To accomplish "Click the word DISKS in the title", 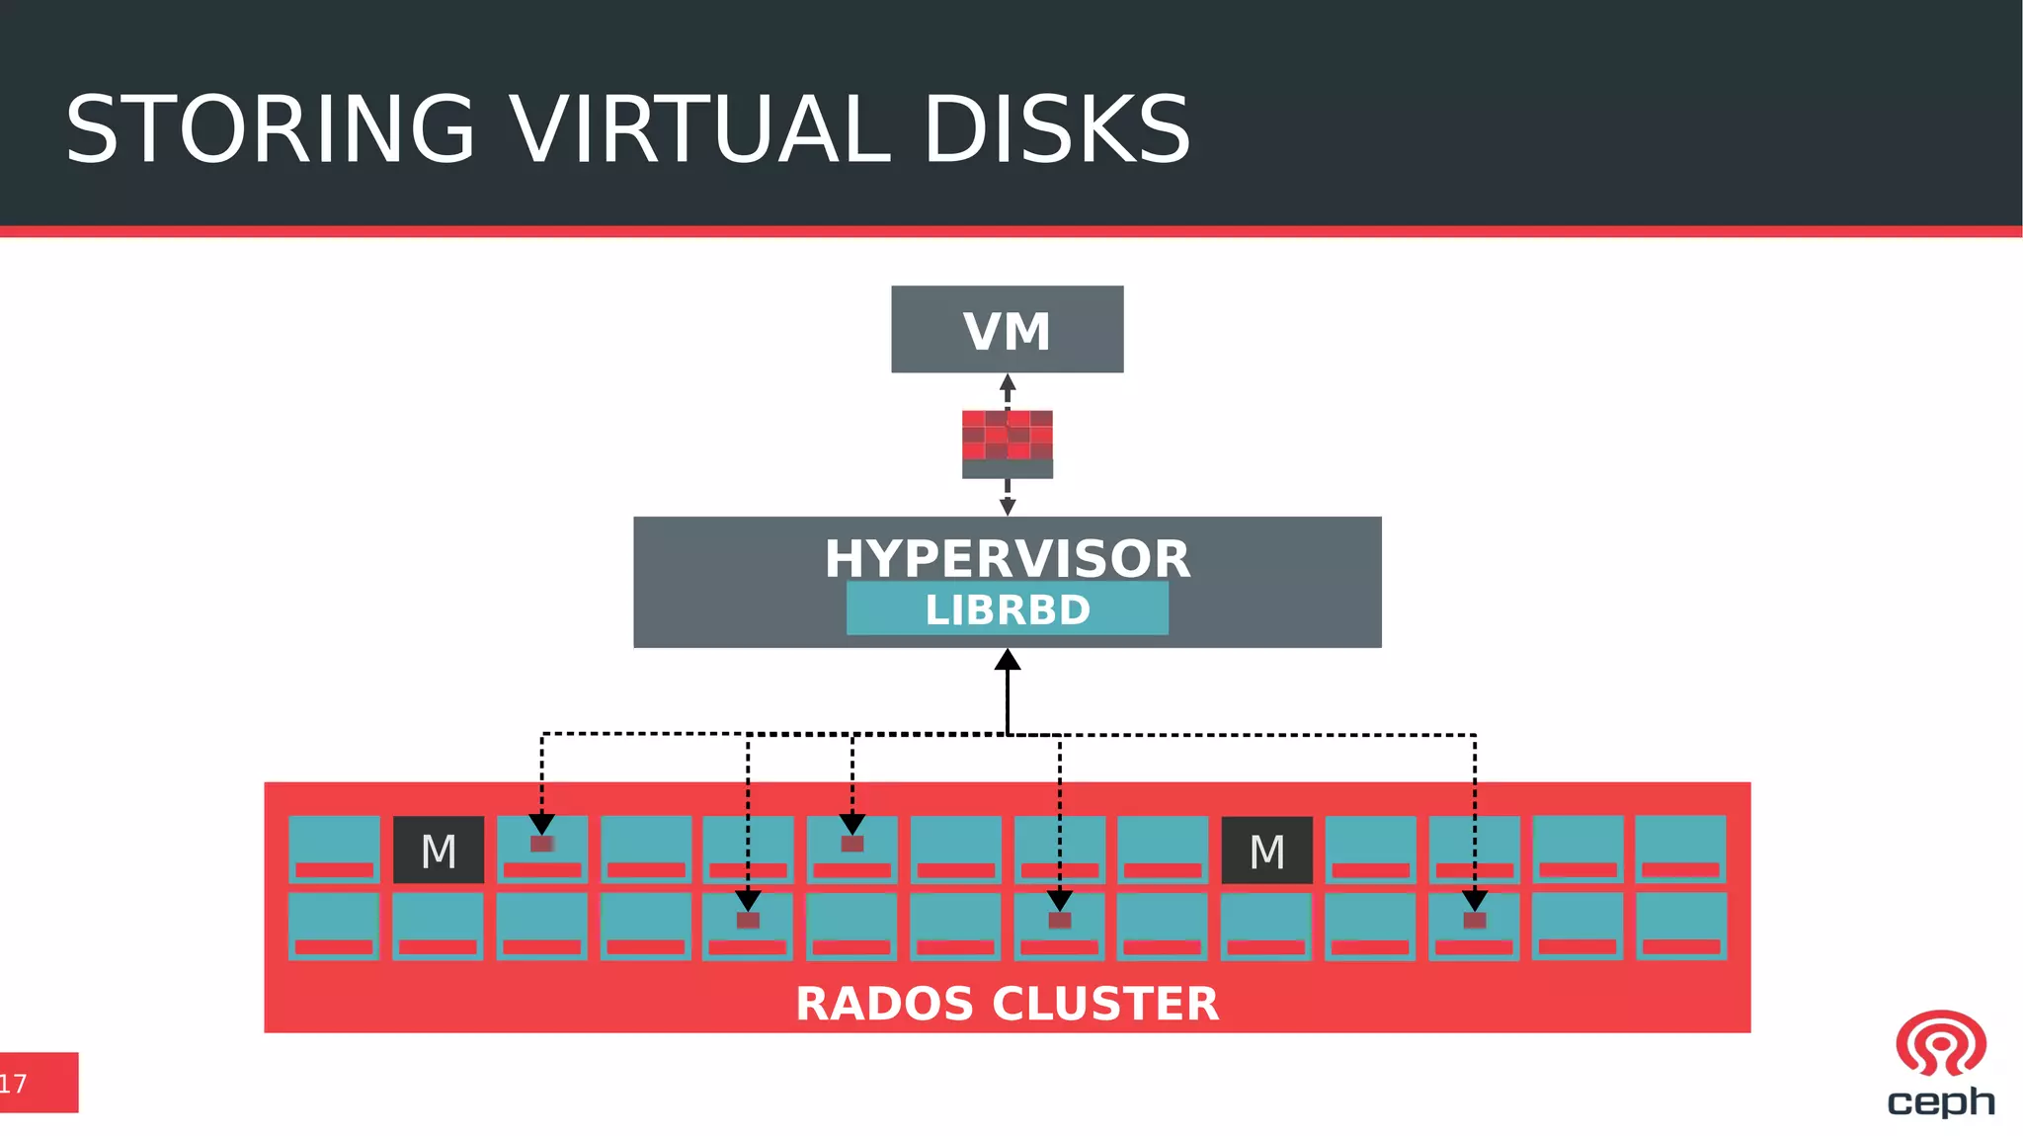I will tap(1056, 130).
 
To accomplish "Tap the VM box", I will tap(1007, 329).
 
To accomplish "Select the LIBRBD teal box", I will tap(1007, 609).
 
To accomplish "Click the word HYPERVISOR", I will tap(1007, 558).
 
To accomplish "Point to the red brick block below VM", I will tap(1007, 436).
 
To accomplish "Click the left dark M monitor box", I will tap(439, 850).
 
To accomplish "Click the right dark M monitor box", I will tap(1266, 850).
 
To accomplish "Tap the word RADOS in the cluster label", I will tap(884, 1004).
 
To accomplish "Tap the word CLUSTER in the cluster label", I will tap(1105, 1004).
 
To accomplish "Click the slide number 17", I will tap(14, 1084).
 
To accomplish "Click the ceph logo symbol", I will tap(1940, 1043).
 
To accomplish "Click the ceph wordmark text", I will tap(1940, 1100).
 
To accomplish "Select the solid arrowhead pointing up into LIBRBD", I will tap(1007, 660).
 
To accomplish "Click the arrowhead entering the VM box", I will tap(1007, 382).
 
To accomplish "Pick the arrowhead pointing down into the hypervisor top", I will tap(1007, 507).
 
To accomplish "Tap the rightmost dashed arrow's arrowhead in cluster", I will tap(1474, 900).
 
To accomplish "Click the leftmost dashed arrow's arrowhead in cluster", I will tap(541, 824).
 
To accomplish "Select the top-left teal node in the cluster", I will tap(334, 849).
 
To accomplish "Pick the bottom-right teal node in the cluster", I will tap(1680, 926).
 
